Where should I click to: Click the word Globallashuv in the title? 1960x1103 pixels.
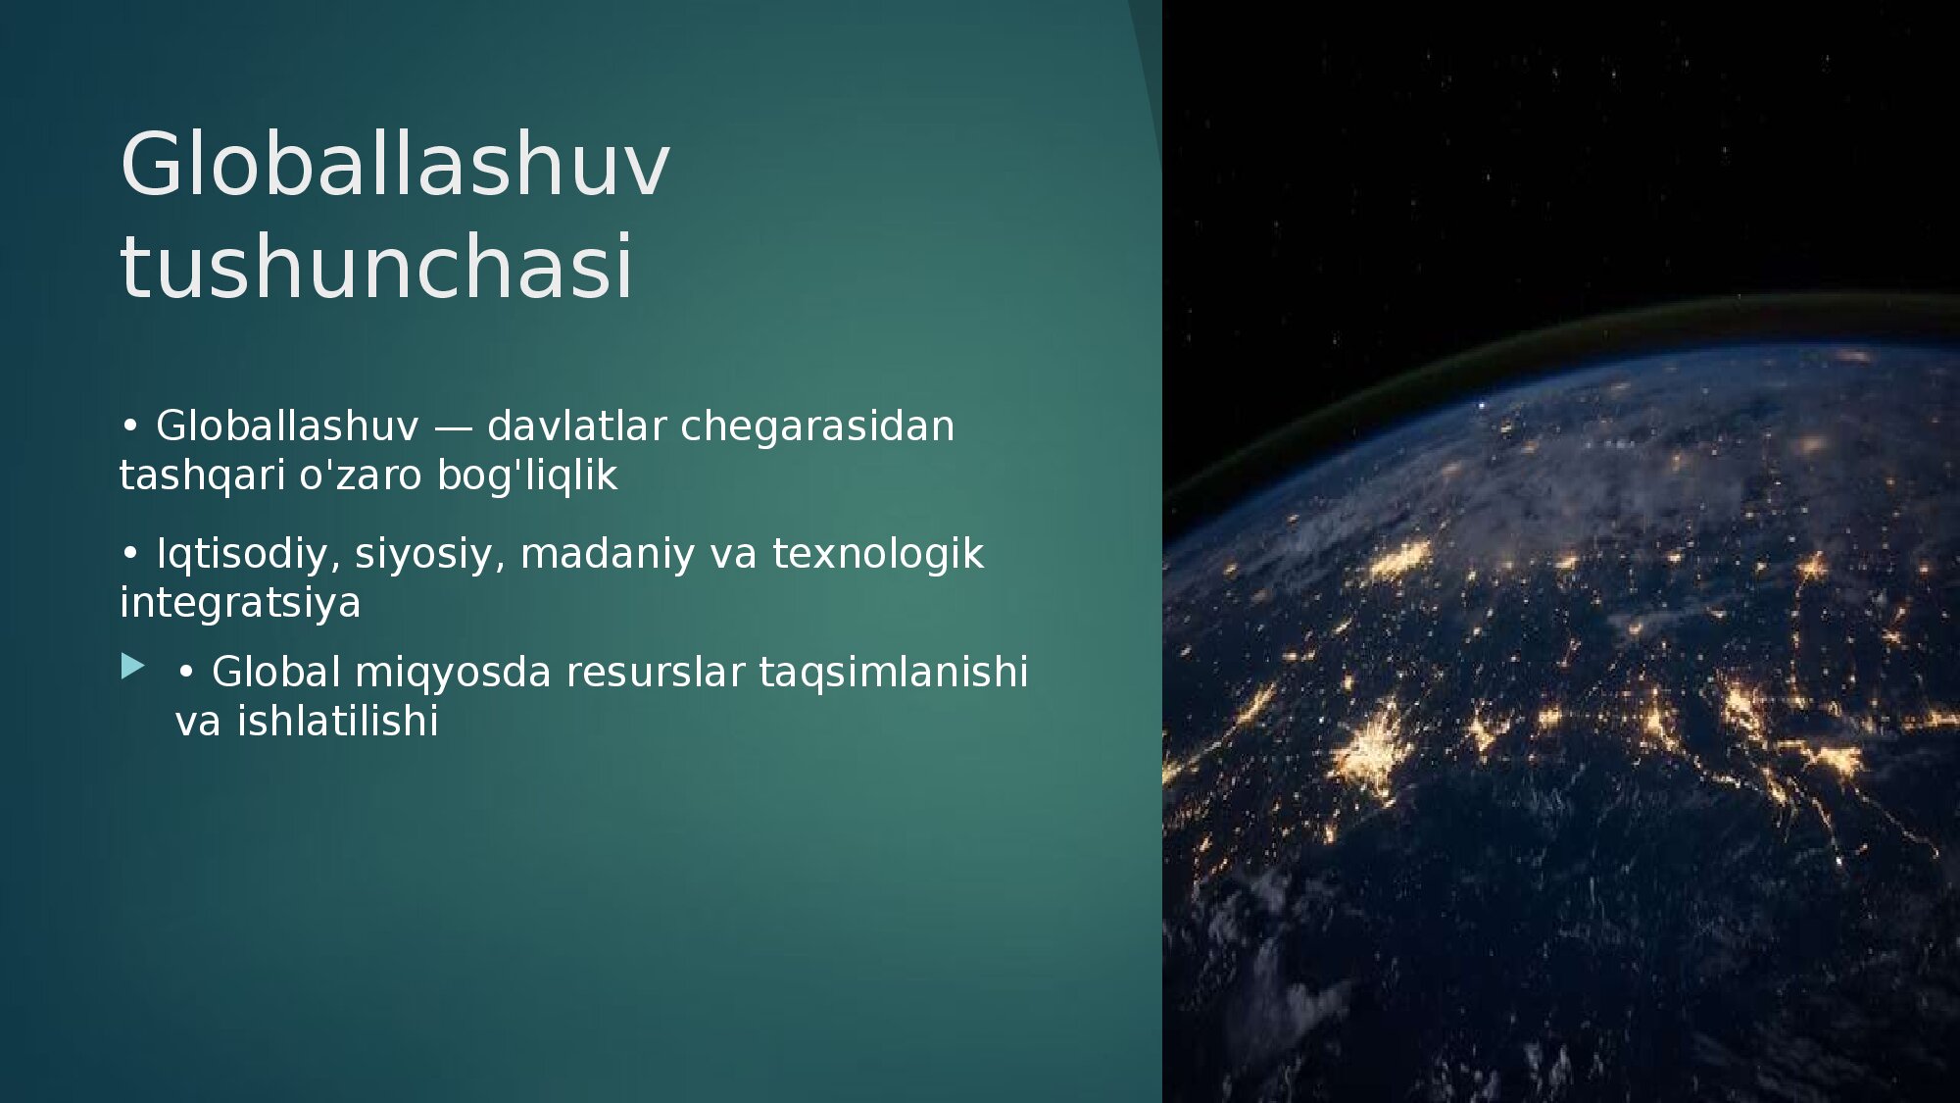click(395, 164)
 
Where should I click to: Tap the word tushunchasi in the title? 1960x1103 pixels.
click(377, 266)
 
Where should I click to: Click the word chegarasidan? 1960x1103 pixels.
click(817, 427)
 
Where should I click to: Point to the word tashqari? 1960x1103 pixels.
click(202, 476)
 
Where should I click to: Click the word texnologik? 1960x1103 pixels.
click(878, 554)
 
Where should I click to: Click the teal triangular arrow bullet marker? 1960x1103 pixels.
click(132, 668)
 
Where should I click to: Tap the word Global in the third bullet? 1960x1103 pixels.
click(276, 673)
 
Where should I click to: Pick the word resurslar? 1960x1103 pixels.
click(655, 673)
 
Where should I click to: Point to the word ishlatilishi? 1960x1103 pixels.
click(337, 722)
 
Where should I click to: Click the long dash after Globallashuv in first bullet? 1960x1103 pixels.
click(453, 428)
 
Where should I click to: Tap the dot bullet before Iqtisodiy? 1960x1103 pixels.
click(129, 554)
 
